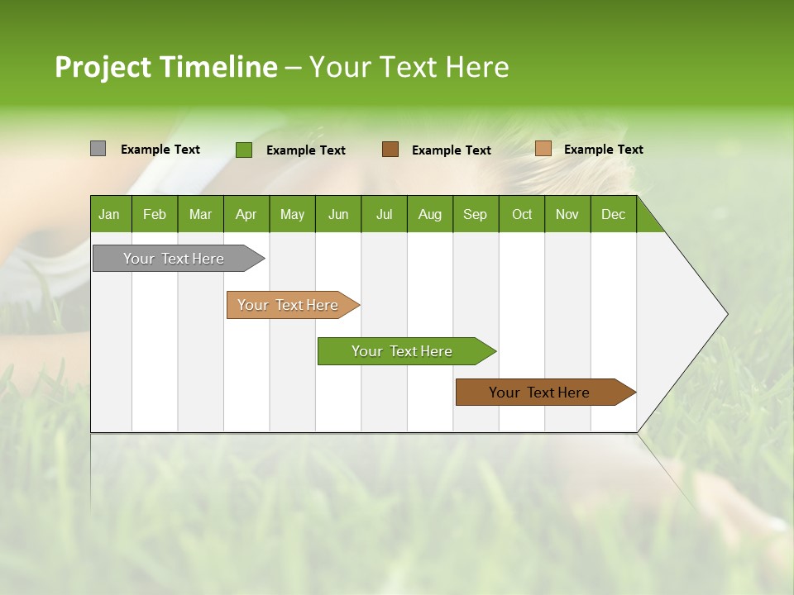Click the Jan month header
(x=110, y=214)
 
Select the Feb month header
(x=155, y=214)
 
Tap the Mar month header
(x=200, y=214)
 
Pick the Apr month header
(x=246, y=214)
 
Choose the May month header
(x=292, y=214)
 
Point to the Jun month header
(x=338, y=214)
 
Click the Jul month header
(x=384, y=214)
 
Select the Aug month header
(x=430, y=214)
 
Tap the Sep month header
(x=476, y=214)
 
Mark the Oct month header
(x=522, y=214)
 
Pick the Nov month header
(x=567, y=214)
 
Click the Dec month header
(x=614, y=214)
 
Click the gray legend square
(x=98, y=149)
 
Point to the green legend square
(x=244, y=150)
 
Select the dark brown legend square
(x=390, y=150)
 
